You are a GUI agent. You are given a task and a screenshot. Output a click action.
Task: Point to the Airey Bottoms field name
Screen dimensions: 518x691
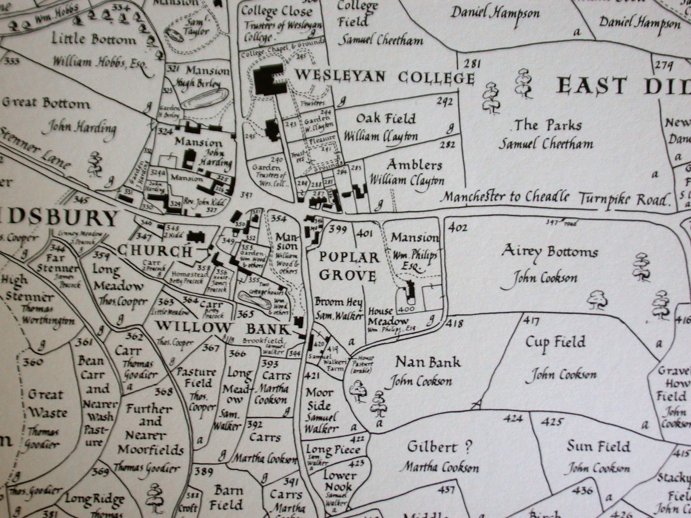549,252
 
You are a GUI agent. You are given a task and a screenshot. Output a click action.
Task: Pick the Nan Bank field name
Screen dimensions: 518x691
428,362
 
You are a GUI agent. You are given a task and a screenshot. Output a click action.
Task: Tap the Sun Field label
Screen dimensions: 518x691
599,446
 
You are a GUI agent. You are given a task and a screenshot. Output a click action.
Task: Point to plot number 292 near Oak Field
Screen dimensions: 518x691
444,102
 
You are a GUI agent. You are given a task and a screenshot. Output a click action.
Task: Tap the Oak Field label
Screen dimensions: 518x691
386,119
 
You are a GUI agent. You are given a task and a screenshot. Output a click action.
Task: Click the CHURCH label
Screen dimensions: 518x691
154,250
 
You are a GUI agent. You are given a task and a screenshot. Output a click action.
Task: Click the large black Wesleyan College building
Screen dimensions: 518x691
269,80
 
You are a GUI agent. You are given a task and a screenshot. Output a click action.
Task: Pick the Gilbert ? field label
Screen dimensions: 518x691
439,447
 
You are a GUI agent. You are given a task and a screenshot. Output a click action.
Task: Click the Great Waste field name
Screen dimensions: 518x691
45,404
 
